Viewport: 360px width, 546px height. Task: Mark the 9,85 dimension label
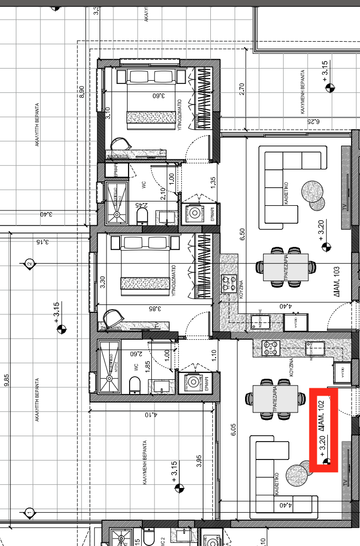pyautogui.click(x=6, y=381)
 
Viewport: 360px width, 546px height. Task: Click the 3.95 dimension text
pyautogui.click(x=199, y=462)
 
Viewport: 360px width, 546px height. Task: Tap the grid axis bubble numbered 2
pyautogui.click(x=30, y=263)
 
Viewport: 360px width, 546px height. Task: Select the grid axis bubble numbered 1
pyautogui.click(x=30, y=512)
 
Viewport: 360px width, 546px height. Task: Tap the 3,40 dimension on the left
pyautogui.click(x=46, y=214)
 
